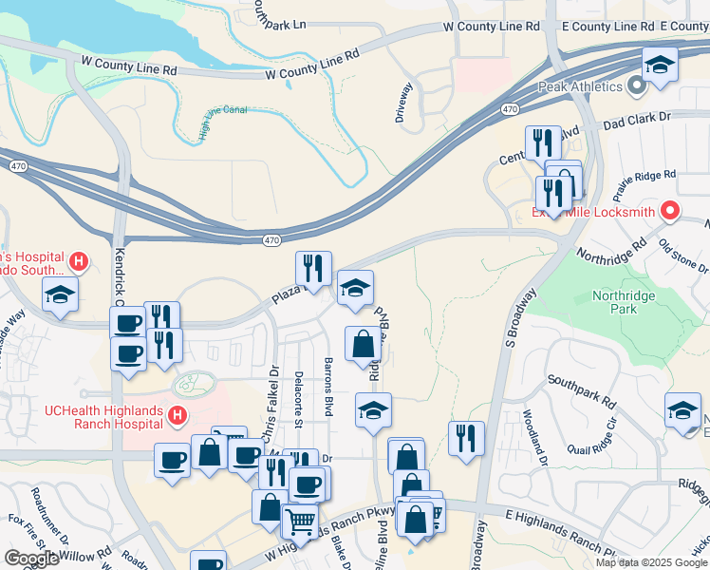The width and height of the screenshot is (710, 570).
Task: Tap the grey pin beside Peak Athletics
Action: coord(636,87)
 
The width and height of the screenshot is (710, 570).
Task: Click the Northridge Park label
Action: coord(625,303)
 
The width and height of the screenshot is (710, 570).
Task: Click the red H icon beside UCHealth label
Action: coord(177,414)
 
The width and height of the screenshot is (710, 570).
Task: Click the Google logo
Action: coord(32,559)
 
